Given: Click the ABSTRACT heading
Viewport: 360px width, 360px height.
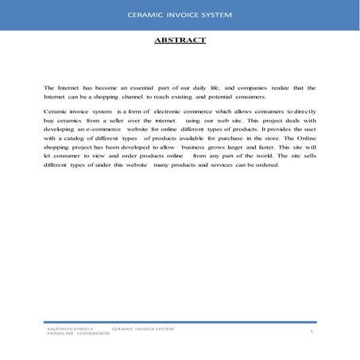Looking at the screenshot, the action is [179, 39].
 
